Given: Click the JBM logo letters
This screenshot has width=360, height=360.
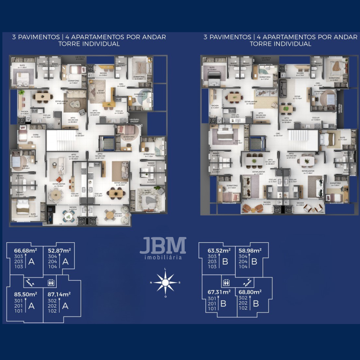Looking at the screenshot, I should (163, 246).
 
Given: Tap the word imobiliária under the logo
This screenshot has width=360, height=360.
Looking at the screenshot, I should (163, 257).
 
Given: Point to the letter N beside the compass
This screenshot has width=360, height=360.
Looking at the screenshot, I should (151, 283).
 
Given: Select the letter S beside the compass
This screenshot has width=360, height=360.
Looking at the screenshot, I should (179, 283).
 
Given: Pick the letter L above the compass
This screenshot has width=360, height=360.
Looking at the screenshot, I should (165, 269).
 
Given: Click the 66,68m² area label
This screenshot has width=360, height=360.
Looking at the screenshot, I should (25, 250).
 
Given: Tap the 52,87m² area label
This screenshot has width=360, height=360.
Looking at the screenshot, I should (59, 250).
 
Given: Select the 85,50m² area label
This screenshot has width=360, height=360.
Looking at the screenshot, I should (25, 294).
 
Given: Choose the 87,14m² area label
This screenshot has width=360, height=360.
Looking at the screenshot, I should (59, 294).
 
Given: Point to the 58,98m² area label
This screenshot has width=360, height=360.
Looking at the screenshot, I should (250, 250).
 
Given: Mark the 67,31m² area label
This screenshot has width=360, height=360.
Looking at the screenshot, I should (219, 292).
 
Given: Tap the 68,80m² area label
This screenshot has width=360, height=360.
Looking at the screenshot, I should (250, 292).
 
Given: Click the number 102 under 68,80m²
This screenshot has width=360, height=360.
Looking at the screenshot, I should (243, 308).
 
